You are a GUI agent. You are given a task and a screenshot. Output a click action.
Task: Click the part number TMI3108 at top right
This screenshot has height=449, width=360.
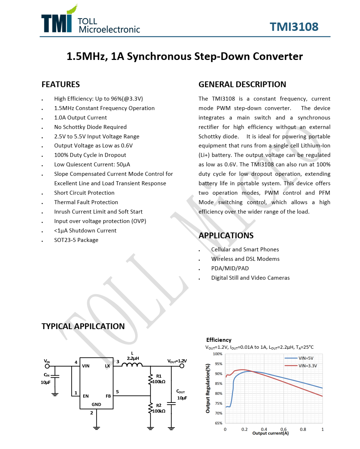[294, 27]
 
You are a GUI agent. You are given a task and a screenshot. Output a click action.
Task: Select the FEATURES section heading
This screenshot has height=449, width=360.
[61, 84]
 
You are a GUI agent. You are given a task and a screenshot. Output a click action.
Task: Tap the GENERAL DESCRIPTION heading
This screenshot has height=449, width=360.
[242, 84]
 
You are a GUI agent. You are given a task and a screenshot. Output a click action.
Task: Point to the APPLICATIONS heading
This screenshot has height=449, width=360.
[226, 235]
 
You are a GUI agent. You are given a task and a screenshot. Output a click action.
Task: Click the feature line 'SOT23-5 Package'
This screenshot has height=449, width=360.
[76, 240]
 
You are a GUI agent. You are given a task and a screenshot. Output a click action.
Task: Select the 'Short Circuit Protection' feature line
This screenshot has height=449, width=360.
[84, 193]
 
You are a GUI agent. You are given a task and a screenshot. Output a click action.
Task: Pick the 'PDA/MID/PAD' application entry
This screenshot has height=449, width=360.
[230, 268]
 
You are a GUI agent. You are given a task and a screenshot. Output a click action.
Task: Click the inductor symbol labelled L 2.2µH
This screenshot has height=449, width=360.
[132, 364]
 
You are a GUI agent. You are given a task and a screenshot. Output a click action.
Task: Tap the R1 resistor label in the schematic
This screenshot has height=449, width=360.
[159, 376]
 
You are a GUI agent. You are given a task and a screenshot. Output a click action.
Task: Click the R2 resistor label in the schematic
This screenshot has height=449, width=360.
[159, 405]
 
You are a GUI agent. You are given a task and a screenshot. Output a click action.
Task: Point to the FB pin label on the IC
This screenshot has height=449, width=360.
[108, 396]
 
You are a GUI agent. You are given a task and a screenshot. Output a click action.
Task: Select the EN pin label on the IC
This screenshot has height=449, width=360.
[86, 396]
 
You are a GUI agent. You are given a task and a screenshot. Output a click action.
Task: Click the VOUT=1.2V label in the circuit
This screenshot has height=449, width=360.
[177, 361]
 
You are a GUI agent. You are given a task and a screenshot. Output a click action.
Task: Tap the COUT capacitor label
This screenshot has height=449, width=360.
[181, 391]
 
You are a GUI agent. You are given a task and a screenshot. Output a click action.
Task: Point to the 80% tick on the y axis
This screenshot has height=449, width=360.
[219, 393]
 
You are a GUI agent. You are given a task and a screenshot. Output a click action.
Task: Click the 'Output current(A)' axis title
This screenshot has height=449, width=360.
[270, 433]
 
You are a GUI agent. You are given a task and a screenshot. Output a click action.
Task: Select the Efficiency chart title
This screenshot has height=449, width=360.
[219, 340]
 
